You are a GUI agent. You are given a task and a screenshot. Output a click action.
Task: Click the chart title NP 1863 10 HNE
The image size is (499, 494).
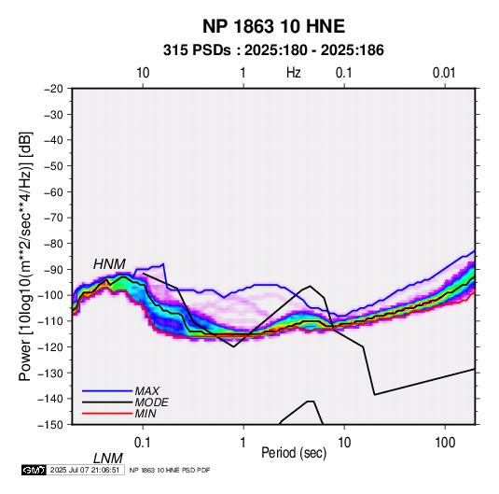(x=273, y=26)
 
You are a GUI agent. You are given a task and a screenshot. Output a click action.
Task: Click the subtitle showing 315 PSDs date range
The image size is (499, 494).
(x=273, y=50)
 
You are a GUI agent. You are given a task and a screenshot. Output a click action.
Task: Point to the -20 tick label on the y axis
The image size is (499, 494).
(x=53, y=89)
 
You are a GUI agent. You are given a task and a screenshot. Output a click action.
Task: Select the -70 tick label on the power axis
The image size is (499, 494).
(x=53, y=218)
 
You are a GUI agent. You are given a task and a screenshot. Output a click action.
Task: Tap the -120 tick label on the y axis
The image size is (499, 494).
(x=51, y=346)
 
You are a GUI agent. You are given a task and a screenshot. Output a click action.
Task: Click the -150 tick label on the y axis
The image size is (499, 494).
(x=51, y=424)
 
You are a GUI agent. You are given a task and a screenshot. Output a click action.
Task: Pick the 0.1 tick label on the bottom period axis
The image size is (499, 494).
(x=143, y=443)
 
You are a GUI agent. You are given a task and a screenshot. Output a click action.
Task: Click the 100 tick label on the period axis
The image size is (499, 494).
(x=445, y=443)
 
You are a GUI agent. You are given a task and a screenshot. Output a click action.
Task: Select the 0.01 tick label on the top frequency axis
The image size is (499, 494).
(x=444, y=73)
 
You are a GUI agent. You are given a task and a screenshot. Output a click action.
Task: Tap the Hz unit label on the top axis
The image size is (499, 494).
(x=294, y=73)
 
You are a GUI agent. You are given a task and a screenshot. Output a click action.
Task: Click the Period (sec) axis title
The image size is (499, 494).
(x=294, y=453)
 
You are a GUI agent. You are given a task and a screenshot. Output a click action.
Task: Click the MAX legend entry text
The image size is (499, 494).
(x=146, y=390)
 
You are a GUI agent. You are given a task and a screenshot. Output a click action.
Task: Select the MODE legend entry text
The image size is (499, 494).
(x=151, y=402)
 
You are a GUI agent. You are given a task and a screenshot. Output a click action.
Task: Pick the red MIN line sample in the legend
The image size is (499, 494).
(x=107, y=414)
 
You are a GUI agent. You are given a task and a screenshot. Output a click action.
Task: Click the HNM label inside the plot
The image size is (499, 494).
(x=109, y=264)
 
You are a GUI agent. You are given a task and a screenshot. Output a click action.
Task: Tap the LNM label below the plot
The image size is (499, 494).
(x=107, y=459)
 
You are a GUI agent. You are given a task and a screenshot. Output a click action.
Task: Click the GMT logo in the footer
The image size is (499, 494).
(x=35, y=470)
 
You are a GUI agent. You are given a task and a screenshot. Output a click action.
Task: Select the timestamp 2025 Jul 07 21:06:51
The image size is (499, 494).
(x=85, y=470)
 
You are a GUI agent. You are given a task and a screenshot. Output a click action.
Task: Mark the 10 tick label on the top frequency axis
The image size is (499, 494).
(x=143, y=73)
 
